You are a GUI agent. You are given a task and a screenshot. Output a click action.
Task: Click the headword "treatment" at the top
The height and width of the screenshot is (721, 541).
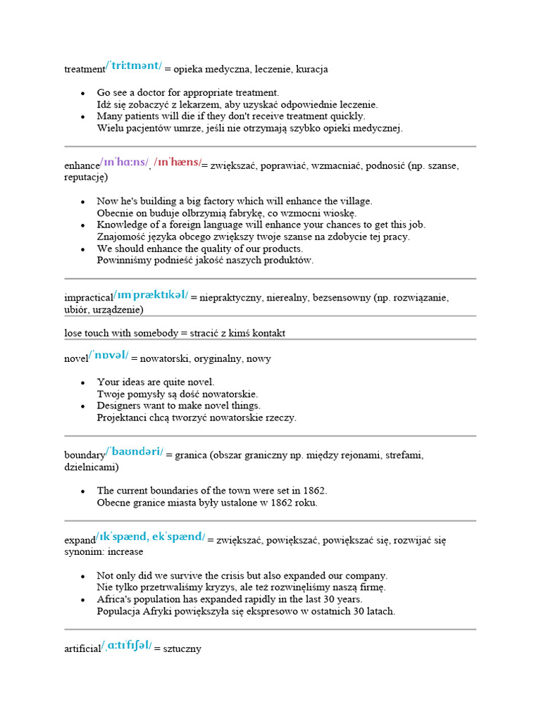pyautogui.click(x=84, y=70)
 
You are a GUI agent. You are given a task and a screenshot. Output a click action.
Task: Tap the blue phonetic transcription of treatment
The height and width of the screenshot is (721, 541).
pyautogui.click(x=134, y=67)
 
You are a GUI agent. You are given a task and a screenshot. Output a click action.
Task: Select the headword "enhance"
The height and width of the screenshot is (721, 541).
pyautogui.click(x=82, y=165)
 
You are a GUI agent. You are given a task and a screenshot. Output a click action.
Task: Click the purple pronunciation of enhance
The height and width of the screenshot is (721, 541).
pyautogui.click(x=124, y=163)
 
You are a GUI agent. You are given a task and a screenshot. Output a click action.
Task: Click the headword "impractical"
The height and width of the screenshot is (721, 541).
pyautogui.click(x=88, y=298)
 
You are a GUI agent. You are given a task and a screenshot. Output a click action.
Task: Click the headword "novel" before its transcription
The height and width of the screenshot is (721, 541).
pyautogui.click(x=75, y=359)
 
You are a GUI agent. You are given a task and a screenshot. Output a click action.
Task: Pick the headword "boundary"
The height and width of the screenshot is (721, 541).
pyautogui.click(x=85, y=456)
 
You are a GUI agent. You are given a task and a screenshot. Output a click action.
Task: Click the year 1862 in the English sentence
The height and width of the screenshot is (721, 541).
pyautogui.click(x=315, y=491)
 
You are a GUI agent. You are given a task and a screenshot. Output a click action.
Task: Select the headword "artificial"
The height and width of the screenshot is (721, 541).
pyautogui.click(x=82, y=649)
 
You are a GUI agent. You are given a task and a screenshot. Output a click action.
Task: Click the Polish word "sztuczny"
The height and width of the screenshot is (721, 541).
pyautogui.click(x=182, y=649)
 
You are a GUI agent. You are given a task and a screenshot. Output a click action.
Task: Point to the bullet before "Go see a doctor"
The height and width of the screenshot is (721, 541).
pyautogui.click(x=83, y=93)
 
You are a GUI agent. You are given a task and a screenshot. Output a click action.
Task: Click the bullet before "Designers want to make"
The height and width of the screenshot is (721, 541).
pyautogui.click(x=83, y=406)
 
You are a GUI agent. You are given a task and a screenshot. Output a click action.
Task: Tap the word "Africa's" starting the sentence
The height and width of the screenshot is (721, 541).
pyautogui.click(x=116, y=599)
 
